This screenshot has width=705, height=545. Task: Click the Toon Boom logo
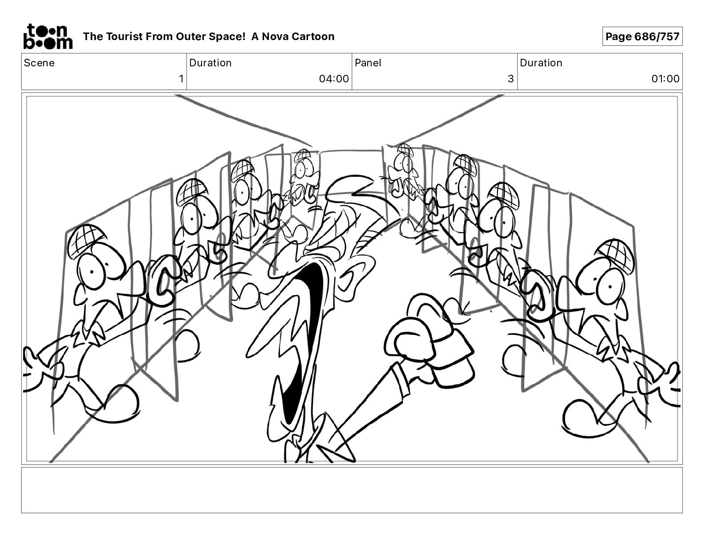click(x=48, y=36)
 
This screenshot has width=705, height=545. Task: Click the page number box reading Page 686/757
click(x=642, y=37)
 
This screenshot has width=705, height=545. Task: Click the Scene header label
click(x=39, y=63)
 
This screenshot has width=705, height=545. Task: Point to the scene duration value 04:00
click(x=333, y=79)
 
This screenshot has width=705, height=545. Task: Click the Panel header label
click(x=368, y=63)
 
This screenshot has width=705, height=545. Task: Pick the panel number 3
click(x=510, y=79)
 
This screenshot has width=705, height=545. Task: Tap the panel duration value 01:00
click(x=665, y=79)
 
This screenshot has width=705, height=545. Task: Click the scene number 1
click(x=181, y=79)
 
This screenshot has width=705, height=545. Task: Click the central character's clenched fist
click(x=429, y=338)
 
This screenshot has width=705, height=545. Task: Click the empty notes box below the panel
click(x=352, y=490)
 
